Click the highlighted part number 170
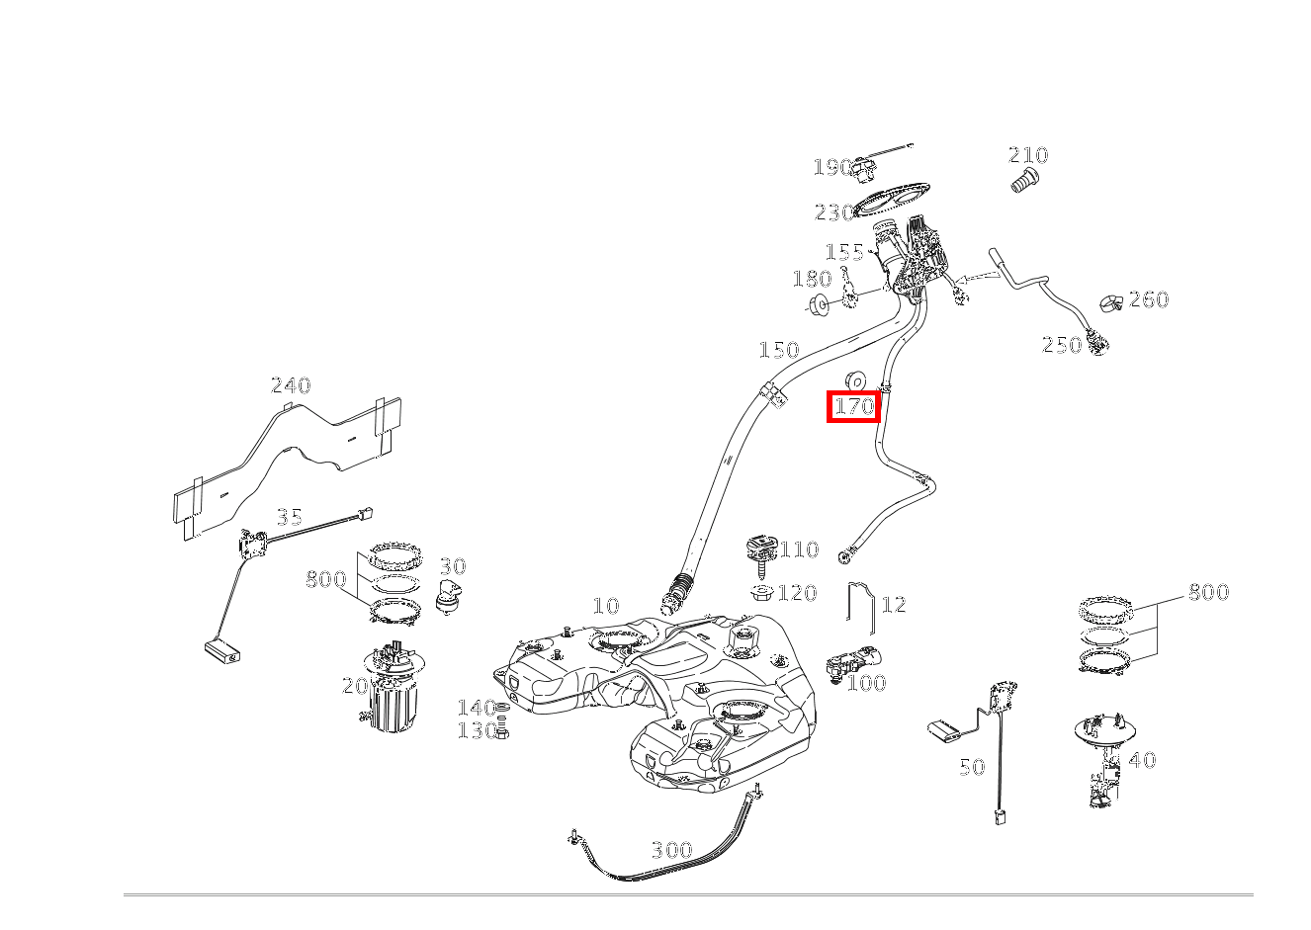(853, 406)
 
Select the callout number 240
(291, 385)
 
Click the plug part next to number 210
(1024, 181)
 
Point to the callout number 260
(1148, 299)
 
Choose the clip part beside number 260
(1111, 301)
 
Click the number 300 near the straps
(671, 850)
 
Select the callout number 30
(452, 566)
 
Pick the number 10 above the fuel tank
(605, 606)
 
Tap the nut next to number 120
(761, 593)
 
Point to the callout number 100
(866, 683)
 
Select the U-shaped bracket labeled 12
(860, 606)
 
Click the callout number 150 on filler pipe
(778, 350)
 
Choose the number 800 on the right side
(1207, 592)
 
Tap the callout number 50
(972, 767)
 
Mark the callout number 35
(289, 517)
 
